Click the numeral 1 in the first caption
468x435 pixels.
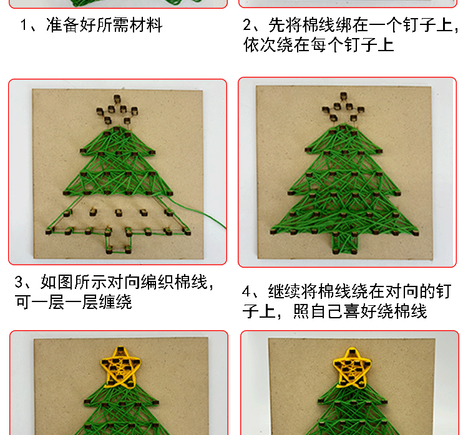click(x=24, y=25)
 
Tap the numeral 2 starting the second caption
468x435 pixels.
click(x=247, y=25)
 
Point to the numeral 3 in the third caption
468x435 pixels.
click(x=19, y=282)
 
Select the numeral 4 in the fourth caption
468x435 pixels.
click(x=246, y=291)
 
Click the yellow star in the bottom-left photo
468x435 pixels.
click(x=120, y=367)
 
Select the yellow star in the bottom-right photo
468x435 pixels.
click(x=352, y=367)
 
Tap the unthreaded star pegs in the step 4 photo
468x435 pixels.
click(x=343, y=107)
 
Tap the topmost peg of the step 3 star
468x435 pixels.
click(x=117, y=98)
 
